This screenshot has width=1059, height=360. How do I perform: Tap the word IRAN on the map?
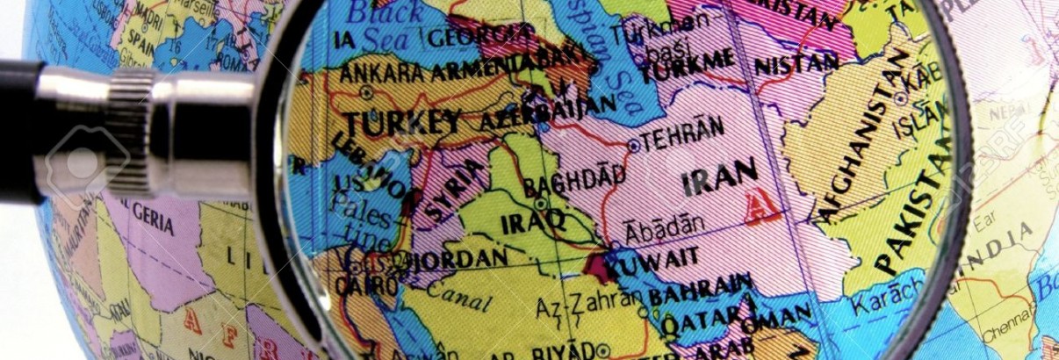(x=719, y=179)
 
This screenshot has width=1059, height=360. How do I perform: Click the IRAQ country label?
(x=532, y=223)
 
